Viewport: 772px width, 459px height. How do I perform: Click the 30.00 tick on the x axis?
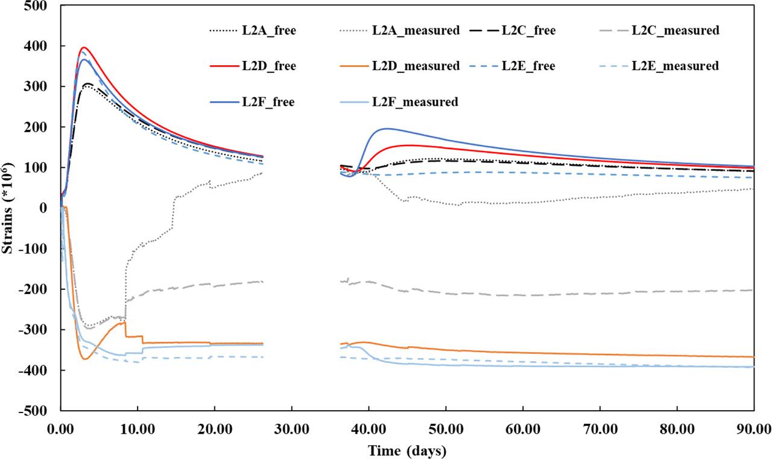(x=292, y=429)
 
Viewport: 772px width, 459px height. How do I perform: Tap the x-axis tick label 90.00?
(x=754, y=429)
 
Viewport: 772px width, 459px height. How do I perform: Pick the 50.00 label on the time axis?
(x=446, y=429)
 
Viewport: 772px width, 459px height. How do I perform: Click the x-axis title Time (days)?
(x=408, y=450)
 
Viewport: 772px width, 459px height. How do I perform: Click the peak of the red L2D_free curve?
(x=84, y=47)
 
